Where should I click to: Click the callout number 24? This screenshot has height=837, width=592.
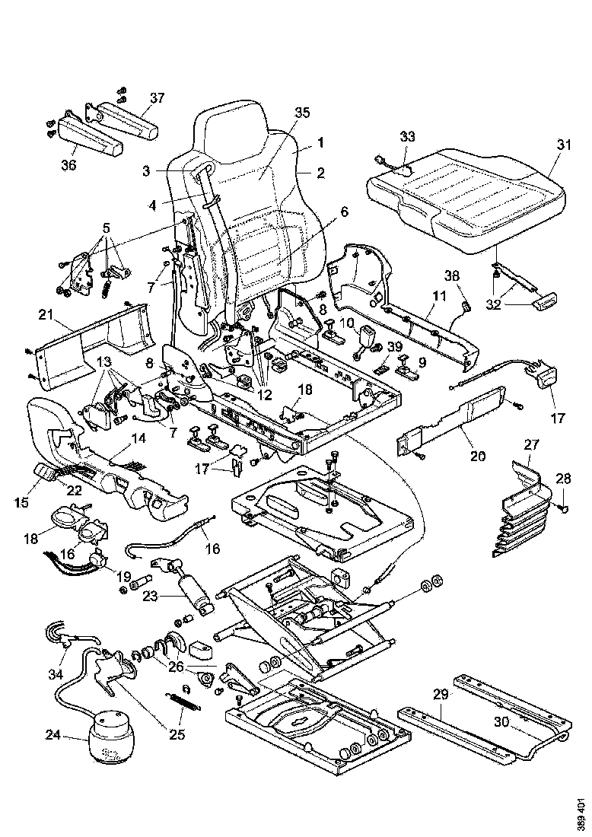pos(52,735)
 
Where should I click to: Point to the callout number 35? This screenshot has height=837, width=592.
pos(301,113)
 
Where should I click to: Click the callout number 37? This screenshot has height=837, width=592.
pos(156,97)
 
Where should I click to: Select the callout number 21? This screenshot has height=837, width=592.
pos(46,313)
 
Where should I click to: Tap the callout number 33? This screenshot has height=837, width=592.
pos(408,136)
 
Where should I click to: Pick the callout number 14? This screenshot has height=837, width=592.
pos(138,438)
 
